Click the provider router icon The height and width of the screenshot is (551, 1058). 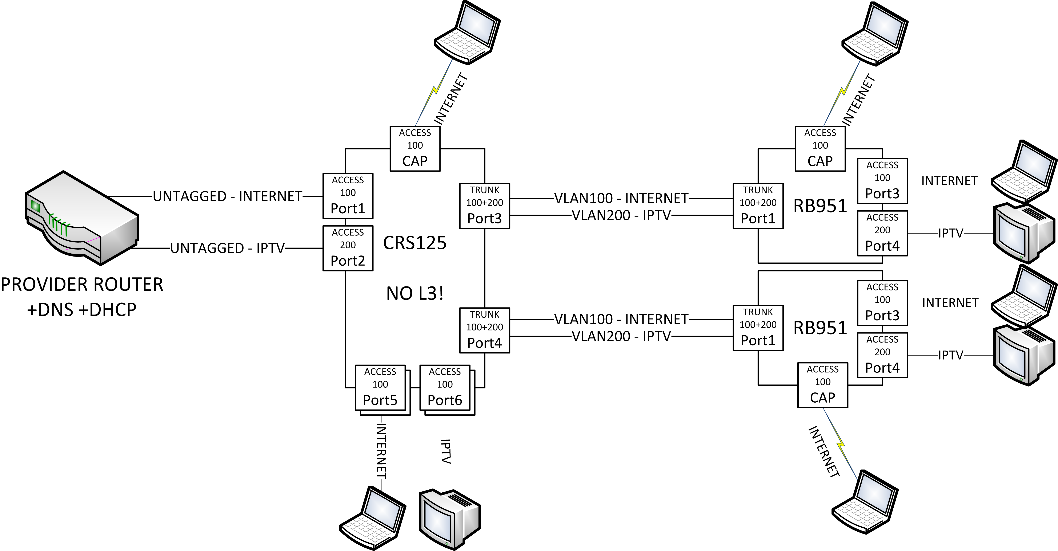81,218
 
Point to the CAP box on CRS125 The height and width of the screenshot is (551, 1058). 415,148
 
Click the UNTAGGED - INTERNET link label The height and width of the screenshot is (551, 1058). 228,196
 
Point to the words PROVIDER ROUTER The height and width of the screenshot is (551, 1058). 82,285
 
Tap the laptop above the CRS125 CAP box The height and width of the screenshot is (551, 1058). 467,33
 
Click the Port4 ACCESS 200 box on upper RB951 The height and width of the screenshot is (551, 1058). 882,233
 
